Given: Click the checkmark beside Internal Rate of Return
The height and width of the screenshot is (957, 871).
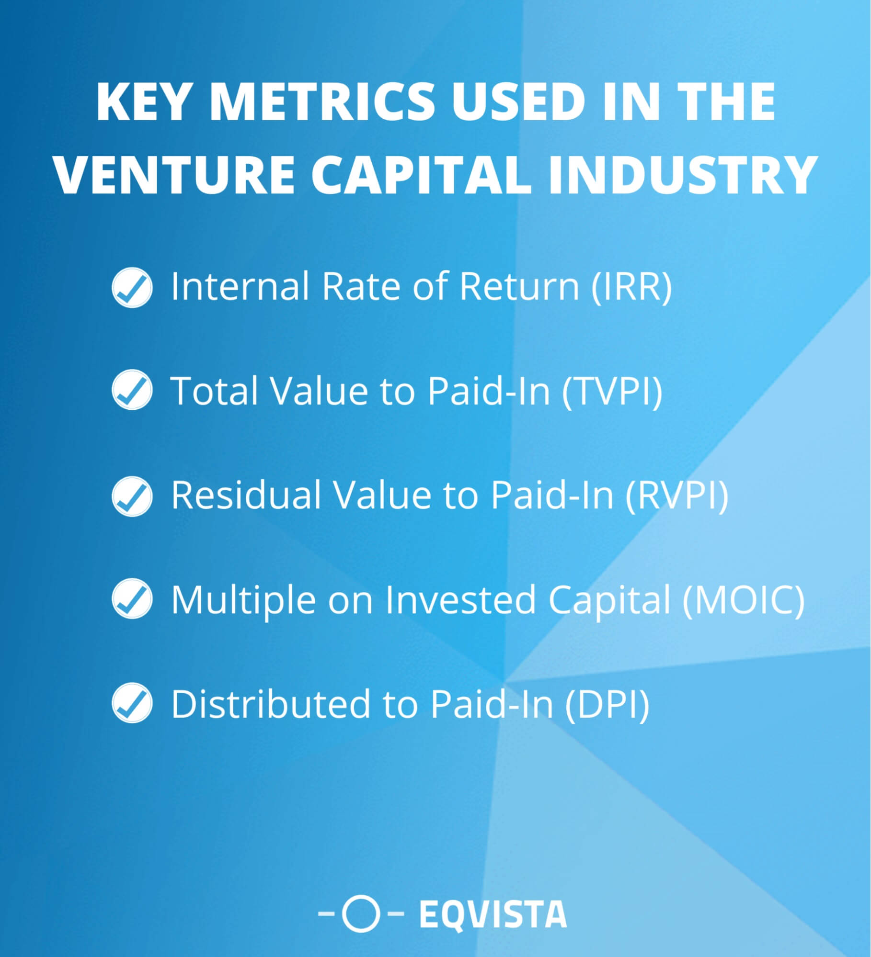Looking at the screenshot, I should (132, 287).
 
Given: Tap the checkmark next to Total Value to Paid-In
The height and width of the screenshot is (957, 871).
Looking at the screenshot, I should (132, 390).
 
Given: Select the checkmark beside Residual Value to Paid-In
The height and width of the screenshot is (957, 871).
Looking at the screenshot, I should (132, 495).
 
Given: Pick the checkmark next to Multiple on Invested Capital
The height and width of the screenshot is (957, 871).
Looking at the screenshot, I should (132, 599).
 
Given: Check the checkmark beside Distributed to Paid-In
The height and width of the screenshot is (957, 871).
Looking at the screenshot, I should (132, 704).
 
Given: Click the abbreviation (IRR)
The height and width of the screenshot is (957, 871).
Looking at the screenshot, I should (631, 286).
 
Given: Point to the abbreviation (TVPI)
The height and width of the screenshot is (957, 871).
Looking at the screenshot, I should (612, 391).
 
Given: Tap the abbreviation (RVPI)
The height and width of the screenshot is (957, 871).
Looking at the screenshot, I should (676, 495).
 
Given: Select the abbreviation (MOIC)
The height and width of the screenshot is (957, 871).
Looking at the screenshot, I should (743, 599).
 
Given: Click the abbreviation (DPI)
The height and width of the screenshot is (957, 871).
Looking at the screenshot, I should (607, 704).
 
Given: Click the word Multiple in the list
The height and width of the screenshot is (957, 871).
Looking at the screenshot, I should (243, 599).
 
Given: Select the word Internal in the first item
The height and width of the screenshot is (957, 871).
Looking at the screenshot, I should (240, 286).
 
